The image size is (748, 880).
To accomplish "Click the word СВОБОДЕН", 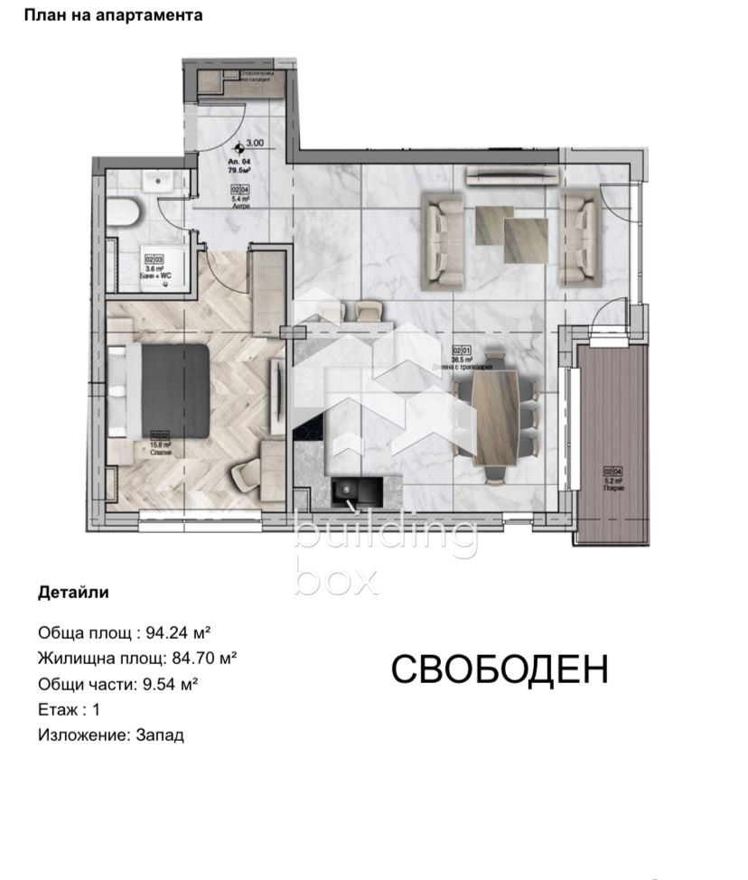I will (x=500, y=669).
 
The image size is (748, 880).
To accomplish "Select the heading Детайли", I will (x=73, y=593).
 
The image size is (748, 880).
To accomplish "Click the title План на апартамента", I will (x=113, y=15).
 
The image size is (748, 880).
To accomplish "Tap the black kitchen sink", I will (x=346, y=492).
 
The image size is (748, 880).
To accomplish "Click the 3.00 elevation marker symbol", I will (x=238, y=148).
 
